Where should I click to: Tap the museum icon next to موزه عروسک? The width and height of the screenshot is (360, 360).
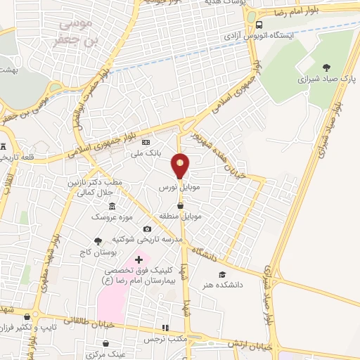112,205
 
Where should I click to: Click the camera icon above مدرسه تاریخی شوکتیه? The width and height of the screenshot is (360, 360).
147,229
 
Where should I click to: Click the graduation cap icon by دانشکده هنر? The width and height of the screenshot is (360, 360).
222,274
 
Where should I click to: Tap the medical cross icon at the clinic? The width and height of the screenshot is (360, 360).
139,260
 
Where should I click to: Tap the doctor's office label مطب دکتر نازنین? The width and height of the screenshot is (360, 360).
95,181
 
